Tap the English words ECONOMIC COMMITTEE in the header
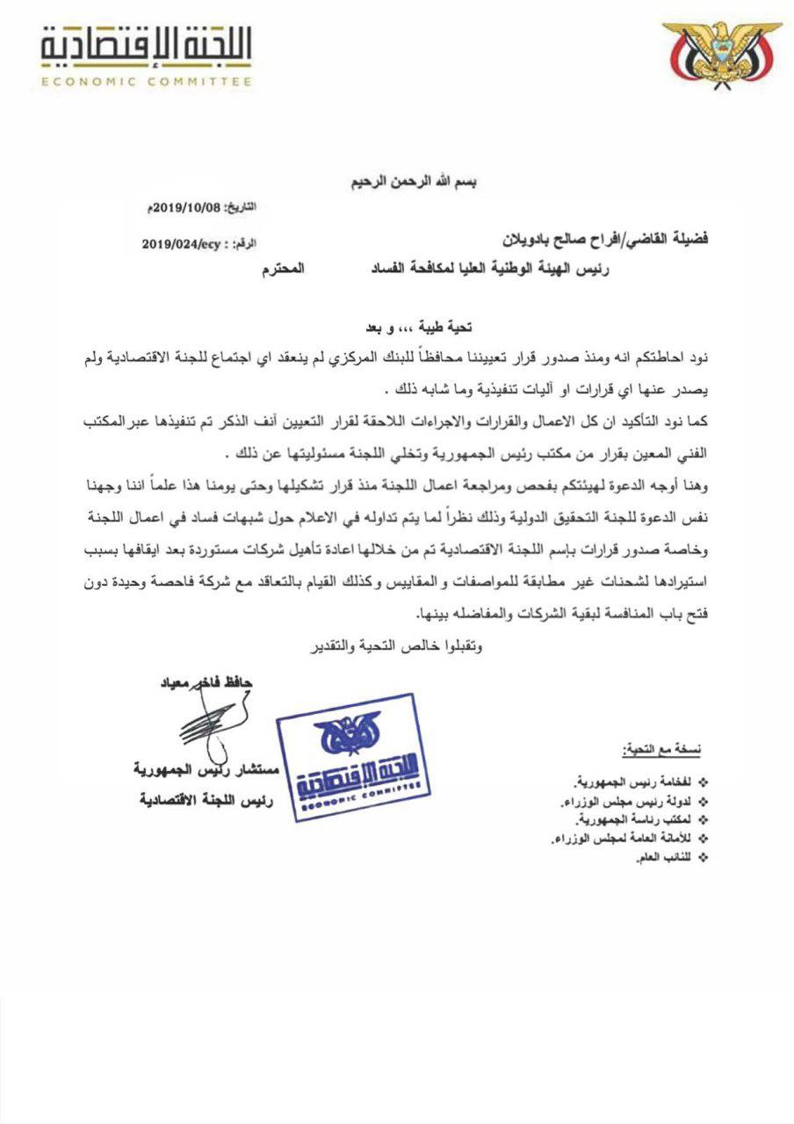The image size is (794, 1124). [x=148, y=81]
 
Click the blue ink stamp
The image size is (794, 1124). [x=350, y=756]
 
